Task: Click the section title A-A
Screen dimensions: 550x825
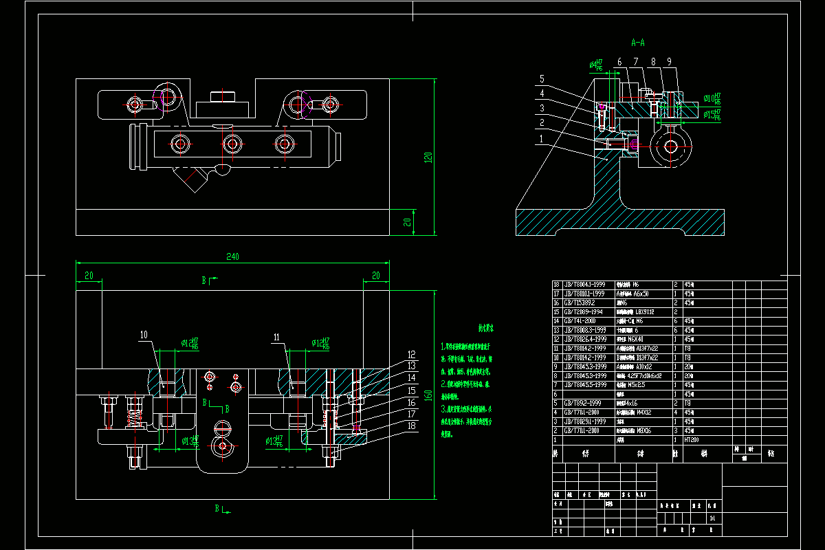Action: tap(638, 43)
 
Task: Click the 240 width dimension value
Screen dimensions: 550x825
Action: tap(232, 256)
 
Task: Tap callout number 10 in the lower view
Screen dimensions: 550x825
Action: tap(144, 335)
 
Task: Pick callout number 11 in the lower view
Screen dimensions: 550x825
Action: tap(277, 337)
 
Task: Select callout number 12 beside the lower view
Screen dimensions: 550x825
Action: tap(411, 355)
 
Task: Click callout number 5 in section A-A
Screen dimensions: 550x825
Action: tap(542, 78)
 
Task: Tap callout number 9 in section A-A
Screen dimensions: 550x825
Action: tap(668, 62)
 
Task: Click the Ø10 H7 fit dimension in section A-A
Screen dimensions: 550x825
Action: tap(712, 99)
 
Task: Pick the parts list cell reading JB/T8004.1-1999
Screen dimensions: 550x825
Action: tap(584, 284)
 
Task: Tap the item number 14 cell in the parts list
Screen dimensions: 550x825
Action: tap(557, 320)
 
